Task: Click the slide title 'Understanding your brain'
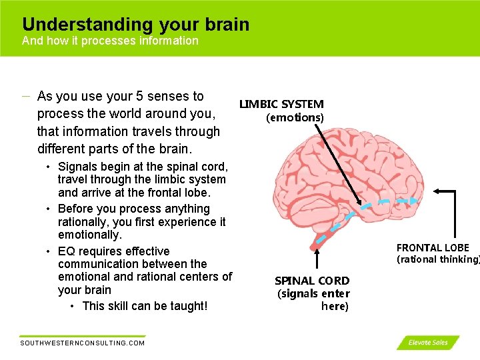point(135,25)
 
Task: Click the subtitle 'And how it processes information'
point(110,41)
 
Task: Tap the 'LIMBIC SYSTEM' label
point(281,104)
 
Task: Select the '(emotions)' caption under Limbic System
point(295,118)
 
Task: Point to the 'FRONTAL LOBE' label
point(433,248)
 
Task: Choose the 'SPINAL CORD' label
point(312,281)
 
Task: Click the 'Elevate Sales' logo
point(428,343)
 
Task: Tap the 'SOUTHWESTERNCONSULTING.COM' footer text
point(83,343)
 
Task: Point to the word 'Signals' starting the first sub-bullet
point(77,167)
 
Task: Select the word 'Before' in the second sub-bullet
point(75,209)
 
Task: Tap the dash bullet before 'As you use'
point(25,97)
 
